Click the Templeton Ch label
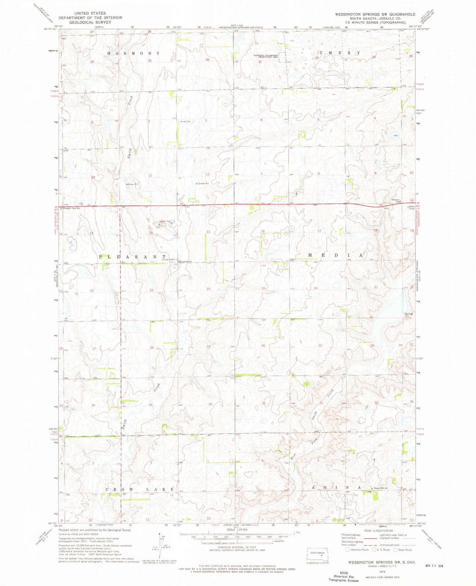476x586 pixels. (186, 262)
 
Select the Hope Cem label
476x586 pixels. (186, 121)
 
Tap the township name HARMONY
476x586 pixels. (133, 53)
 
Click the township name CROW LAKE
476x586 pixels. (140, 489)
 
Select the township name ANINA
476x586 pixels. (336, 487)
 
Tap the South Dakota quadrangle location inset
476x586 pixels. (317, 555)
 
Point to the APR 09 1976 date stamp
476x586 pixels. (434, 565)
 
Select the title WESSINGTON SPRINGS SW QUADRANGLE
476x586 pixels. (375, 14)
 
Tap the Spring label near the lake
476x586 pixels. (408, 314)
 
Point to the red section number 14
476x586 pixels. (151, 233)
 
